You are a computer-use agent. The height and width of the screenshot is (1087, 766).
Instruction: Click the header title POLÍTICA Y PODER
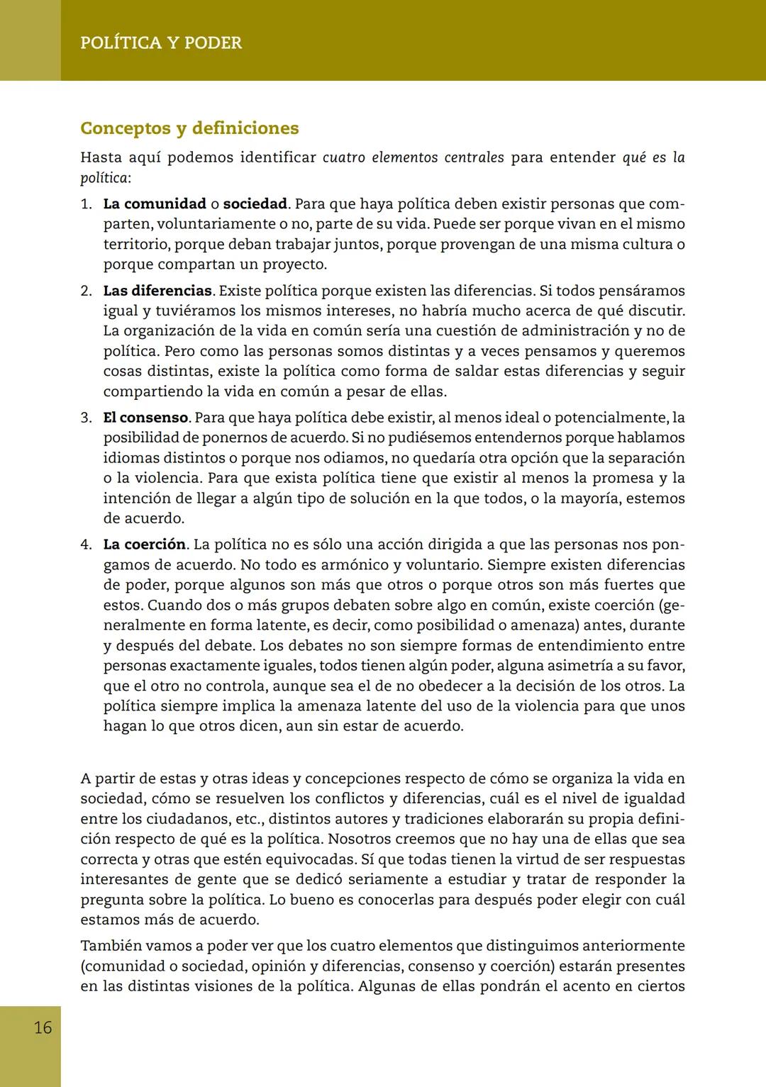161,43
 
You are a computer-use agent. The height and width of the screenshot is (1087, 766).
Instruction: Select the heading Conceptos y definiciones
189,128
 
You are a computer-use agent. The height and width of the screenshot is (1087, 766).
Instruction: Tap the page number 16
43,1027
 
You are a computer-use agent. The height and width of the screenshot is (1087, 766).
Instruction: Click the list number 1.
86,204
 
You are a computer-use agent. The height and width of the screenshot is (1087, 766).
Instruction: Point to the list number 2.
86,291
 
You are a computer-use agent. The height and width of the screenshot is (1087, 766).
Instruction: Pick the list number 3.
86,418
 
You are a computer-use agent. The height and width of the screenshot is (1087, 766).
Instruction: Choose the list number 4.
86,545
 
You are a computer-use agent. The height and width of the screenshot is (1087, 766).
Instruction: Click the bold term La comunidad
155,204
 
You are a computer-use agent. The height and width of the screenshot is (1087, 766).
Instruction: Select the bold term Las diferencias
157,291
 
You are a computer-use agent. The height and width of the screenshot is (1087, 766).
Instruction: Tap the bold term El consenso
145,418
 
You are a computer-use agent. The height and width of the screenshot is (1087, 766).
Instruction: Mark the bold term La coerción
145,545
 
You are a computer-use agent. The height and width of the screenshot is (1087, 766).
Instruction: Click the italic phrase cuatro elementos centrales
413,157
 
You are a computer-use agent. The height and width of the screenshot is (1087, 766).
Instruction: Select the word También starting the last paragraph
110,946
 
